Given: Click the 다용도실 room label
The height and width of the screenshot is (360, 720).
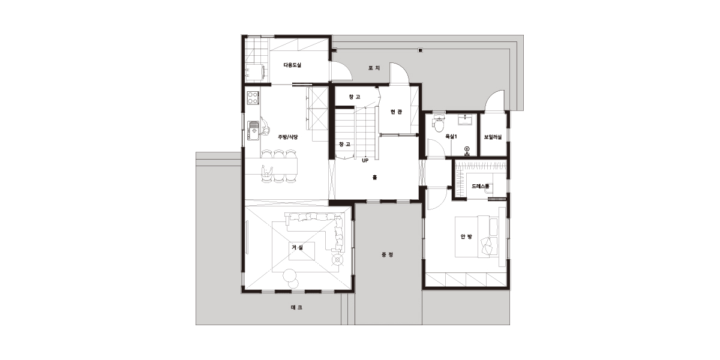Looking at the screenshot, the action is click(292, 65).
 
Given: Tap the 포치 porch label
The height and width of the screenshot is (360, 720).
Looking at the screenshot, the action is click(374, 68).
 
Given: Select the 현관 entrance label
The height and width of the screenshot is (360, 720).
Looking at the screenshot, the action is click(397, 112).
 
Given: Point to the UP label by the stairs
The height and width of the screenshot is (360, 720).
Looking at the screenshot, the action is click(365, 160).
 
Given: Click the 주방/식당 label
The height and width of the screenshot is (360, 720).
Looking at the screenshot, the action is click(287, 137).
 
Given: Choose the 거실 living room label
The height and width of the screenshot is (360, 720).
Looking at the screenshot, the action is click(298, 247).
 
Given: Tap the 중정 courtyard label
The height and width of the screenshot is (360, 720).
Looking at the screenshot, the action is click(388, 255).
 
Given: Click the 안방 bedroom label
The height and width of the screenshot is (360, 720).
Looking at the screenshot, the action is click(466, 236).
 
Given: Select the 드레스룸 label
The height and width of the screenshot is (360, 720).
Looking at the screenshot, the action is click(481, 186).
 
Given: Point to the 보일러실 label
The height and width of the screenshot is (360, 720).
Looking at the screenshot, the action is click(493, 137).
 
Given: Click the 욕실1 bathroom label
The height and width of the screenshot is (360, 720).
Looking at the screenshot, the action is click(451, 136).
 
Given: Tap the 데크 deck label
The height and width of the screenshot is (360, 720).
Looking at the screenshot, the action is click(296, 308).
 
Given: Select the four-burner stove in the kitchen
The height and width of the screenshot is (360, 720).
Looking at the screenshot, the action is click(253, 98).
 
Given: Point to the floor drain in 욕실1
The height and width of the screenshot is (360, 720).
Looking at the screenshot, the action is click(467, 149).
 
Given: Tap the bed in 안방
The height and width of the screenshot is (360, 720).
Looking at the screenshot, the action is click(476, 236).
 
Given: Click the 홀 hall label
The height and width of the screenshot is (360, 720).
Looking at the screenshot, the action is click(374, 177).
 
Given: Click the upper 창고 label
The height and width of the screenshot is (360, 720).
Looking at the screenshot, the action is click(355, 97).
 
